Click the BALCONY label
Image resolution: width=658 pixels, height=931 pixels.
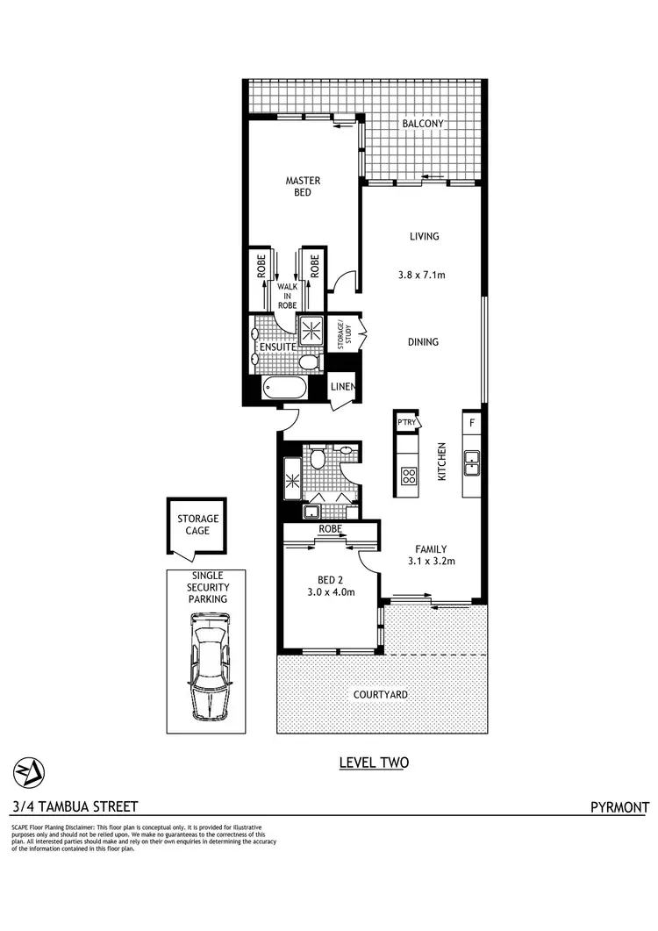point(423,125)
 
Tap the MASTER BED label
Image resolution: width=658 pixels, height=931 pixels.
point(303,187)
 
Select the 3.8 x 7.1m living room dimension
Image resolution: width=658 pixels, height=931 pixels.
point(422,275)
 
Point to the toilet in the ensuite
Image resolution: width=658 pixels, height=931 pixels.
point(308,362)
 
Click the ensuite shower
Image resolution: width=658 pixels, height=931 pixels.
point(311,330)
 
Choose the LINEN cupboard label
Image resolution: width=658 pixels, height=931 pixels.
point(342,387)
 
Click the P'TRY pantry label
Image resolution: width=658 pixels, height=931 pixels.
point(406,422)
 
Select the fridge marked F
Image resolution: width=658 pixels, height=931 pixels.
point(472,422)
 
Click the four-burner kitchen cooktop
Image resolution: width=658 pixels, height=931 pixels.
point(409,476)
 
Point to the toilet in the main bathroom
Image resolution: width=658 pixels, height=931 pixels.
point(318,458)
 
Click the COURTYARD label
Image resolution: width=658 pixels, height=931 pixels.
point(380,694)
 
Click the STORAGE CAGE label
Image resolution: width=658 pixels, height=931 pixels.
point(198,525)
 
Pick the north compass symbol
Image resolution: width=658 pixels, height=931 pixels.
point(28,772)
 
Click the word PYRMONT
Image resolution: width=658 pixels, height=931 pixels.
point(620,807)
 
